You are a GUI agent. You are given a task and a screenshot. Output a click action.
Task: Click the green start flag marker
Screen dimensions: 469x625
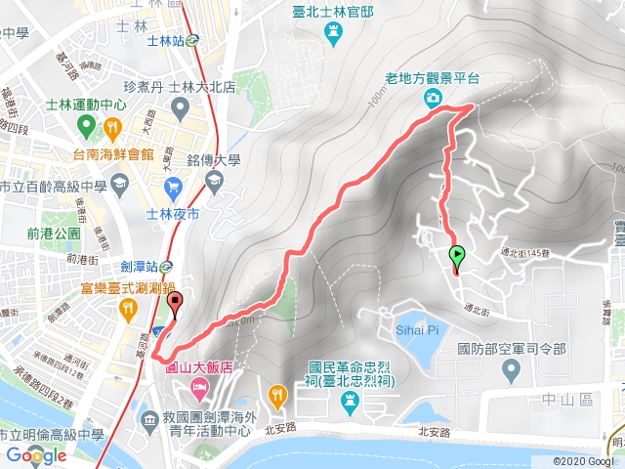[457, 257]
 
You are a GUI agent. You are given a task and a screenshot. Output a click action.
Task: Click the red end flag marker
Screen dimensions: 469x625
[176, 302]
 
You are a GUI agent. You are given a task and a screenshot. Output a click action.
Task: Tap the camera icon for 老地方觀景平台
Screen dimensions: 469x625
[432, 98]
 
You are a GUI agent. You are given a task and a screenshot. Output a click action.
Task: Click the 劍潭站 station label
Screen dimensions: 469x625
[143, 263]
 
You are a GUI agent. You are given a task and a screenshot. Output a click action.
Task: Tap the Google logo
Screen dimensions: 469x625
[36, 454]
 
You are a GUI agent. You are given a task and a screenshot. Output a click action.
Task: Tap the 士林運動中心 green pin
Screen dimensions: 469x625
[85, 126]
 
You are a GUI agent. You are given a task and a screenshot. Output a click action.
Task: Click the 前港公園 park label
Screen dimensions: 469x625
[55, 234]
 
